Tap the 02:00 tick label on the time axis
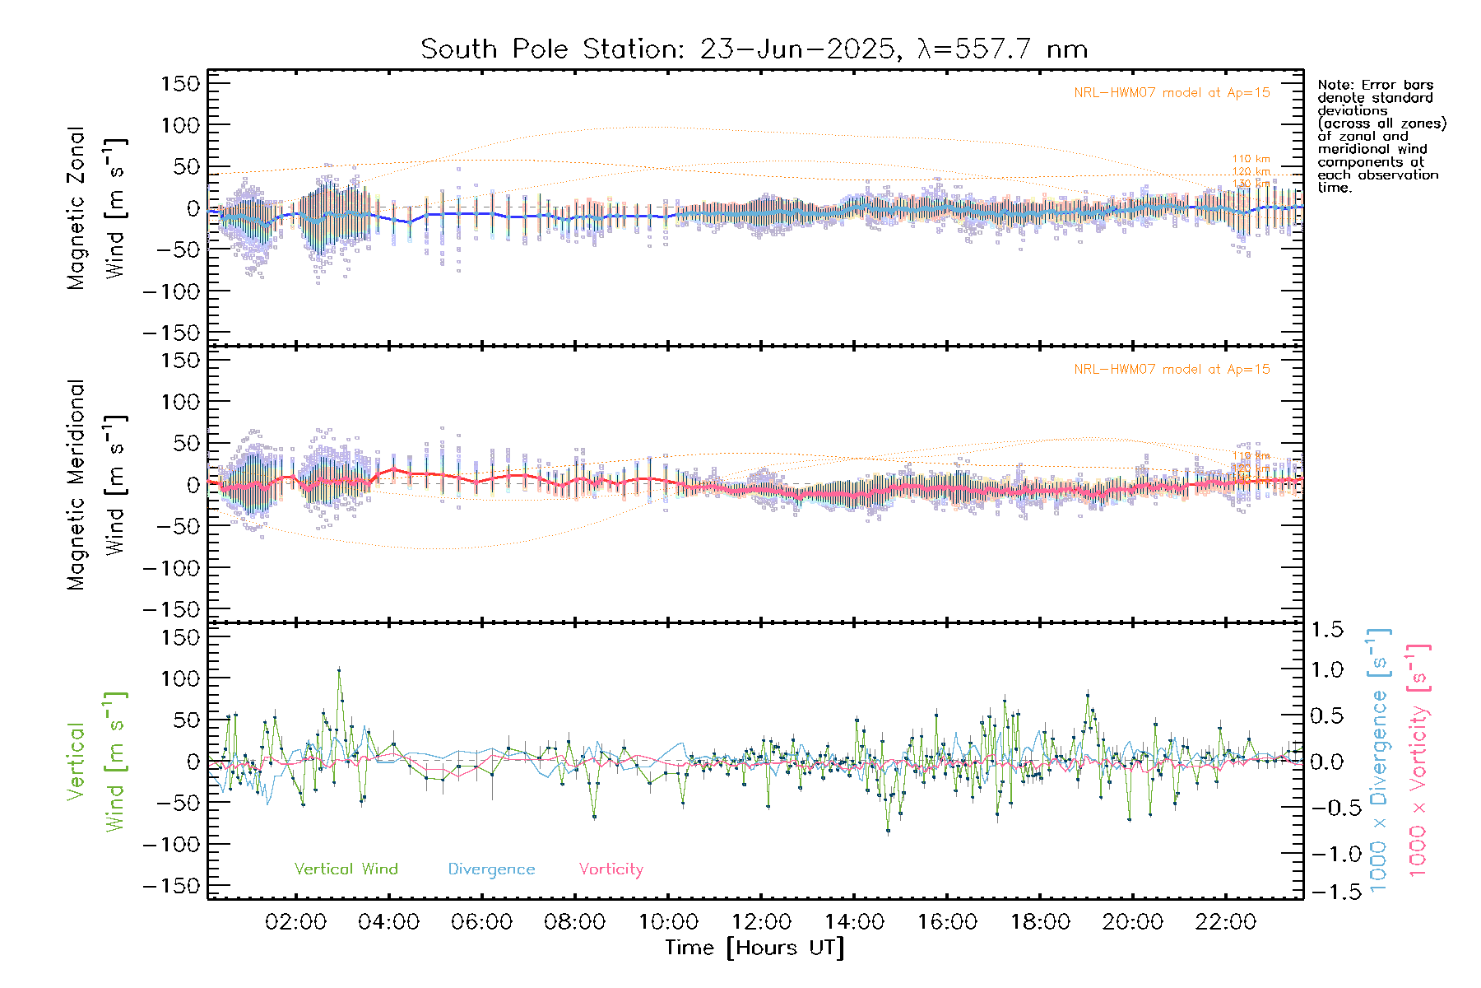[295, 922]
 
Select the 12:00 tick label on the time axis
[761, 922]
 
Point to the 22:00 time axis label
[1226, 922]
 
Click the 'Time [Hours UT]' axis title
[754, 948]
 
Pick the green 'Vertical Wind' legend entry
[346, 869]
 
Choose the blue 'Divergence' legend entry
[491, 869]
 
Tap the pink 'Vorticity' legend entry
[611, 869]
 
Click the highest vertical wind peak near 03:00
[338, 670]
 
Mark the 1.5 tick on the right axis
[1327, 630]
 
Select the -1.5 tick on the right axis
[1327, 892]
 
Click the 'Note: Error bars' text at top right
[1376, 85]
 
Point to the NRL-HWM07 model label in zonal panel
[1172, 93]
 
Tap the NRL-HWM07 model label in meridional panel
[1172, 370]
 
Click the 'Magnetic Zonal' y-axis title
[76, 207]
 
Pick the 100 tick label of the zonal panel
[180, 125]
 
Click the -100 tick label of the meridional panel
[171, 568]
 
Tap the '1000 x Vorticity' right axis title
[1418, 761]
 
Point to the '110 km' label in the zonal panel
[1251, 159]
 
